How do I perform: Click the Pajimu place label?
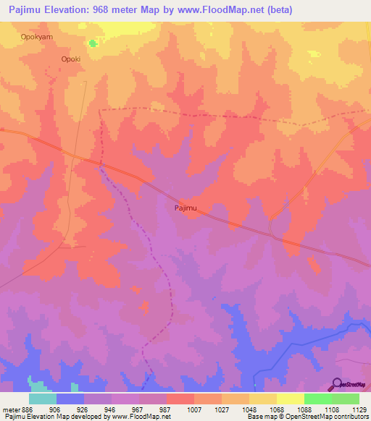click(185, 208)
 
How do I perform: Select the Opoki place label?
click(70, 59)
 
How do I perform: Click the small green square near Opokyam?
click(92, 43)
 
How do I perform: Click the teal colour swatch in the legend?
click(43, 399)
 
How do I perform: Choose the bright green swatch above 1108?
click(318, 399)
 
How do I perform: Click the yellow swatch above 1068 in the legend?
click(263, 399)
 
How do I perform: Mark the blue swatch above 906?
click(70, 399)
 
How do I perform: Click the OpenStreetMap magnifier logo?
click(336, 386)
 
